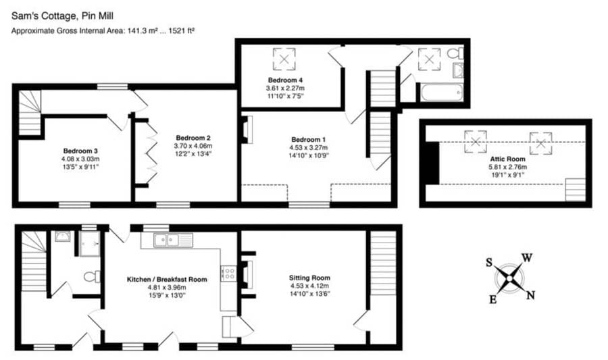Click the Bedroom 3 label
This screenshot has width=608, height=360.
tap(80, 151)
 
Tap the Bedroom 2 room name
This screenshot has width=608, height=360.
tap(193, 138)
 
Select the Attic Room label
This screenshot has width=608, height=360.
tap(507, 159)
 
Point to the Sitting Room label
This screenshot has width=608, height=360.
tap(309, 278)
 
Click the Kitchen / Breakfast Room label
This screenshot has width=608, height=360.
tap(167, 279)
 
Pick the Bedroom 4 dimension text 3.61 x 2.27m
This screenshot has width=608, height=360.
tap(285, 88)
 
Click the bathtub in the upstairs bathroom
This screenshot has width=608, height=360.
tap(442, 93)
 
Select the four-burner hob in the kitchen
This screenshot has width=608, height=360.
tap(228, 273)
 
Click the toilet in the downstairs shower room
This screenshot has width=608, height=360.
tap(92, 277)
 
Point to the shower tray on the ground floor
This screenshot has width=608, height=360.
tap(90, 243)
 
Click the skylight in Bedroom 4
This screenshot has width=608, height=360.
tap(284, 59)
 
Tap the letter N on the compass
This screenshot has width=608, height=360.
tap(530, 295)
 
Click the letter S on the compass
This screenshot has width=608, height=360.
tap(489, 263)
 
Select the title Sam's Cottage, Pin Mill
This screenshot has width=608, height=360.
tap(62, 16)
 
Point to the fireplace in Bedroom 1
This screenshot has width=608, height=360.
tap(247, 130)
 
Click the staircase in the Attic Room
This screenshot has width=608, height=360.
tap(575, 190)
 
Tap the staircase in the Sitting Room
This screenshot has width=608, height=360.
tap(383, 263)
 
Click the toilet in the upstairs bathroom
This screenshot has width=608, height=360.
tap(455, 53)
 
